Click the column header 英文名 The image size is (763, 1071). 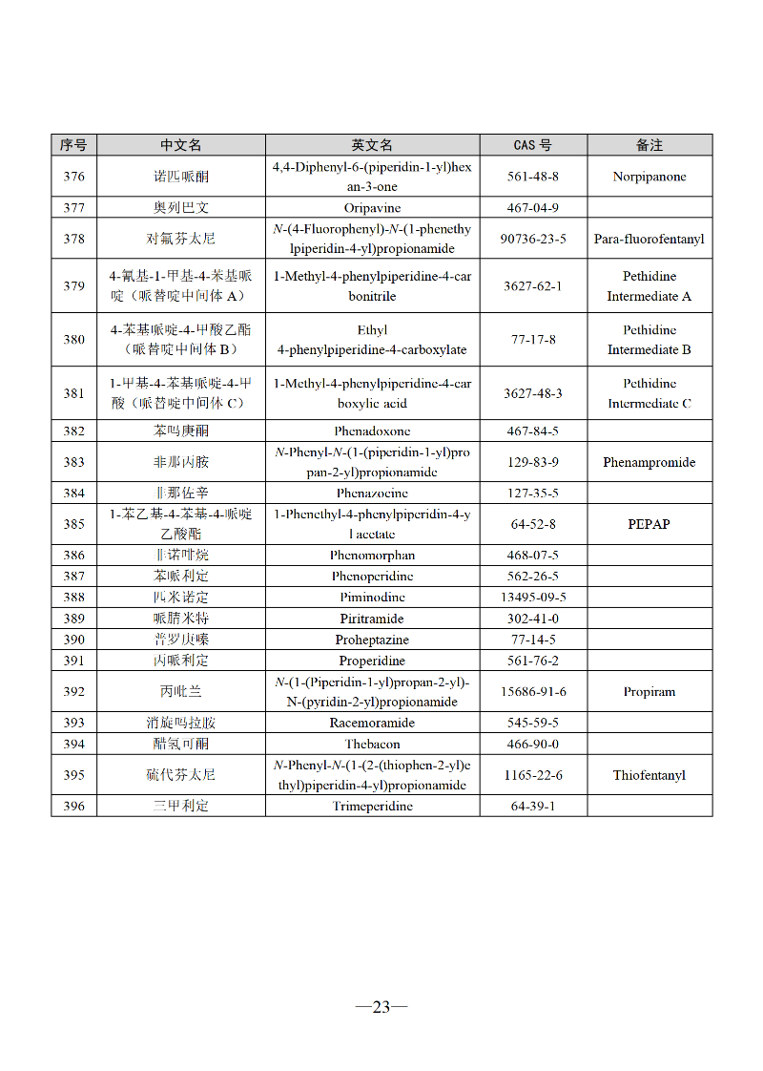pos(372,145)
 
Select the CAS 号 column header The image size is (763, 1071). pos(532,145)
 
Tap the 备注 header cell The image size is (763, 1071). pos(649,145)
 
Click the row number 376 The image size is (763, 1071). pos(73,177)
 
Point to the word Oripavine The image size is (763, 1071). pos(372,207)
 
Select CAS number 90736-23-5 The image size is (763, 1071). pos(532,239)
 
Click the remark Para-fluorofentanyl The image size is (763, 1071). pos(649,239)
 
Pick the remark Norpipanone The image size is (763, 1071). pos(649,177)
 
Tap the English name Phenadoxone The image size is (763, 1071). pos(372,430)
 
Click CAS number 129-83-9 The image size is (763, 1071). pos(532,462)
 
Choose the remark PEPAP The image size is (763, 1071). pos(649,524)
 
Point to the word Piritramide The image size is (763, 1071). pos(372,619)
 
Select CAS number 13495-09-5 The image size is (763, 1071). pos(532,597)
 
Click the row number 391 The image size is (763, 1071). pos(73,661)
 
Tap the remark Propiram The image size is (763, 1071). pos(649,691)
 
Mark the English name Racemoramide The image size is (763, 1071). pos(372,723)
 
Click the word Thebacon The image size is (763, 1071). pos(372,744)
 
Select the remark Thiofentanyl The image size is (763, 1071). pos(649,775)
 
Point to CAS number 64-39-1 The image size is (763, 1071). pos(532,806)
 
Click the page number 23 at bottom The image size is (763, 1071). pos(381,1006)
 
